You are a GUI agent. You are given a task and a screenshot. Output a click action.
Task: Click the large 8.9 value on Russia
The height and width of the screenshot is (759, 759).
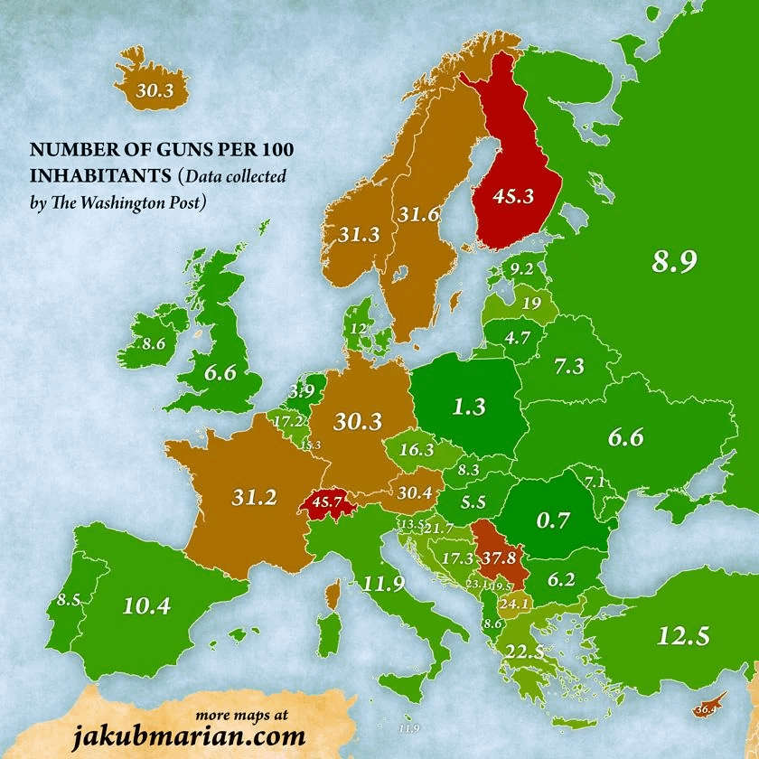tap(675, 262)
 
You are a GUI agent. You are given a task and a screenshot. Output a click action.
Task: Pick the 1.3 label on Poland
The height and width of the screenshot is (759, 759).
tap(470, 407)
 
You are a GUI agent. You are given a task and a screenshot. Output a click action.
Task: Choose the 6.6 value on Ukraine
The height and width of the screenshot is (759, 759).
tap(625, 437)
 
